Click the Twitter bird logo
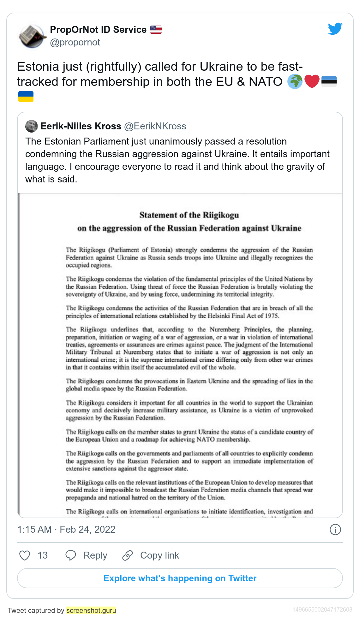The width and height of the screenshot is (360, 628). (x=335, y=29)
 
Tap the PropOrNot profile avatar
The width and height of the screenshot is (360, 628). (x=32, y=36)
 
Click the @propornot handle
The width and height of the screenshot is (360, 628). (x=75, y=42)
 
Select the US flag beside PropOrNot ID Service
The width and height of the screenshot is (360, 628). (x=156, y=30)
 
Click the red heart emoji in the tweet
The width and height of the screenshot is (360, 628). (x=312, y=82)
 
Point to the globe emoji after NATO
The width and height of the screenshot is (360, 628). (x=295, y=82)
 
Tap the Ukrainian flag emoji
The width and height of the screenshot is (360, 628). (x=26, y=97)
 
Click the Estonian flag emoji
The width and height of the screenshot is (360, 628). (x=329, y=81)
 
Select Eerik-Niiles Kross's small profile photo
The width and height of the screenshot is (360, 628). (x=32, y=126)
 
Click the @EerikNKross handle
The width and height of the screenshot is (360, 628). (x=155, y=126)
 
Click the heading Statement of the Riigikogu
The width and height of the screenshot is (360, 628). (x=189, y=215)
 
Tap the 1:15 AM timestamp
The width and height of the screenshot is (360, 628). (x=34, y=529)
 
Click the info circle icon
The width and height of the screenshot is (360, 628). (x=335, y=530)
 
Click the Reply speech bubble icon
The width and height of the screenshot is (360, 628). (x=71, y=555)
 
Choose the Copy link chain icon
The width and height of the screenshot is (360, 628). (x=128, y=555)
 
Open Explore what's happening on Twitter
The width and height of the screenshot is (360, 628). (x=180, y=578)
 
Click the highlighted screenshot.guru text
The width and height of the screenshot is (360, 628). (x=91, y=610)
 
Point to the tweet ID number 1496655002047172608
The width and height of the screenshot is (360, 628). (x=322, y=609)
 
